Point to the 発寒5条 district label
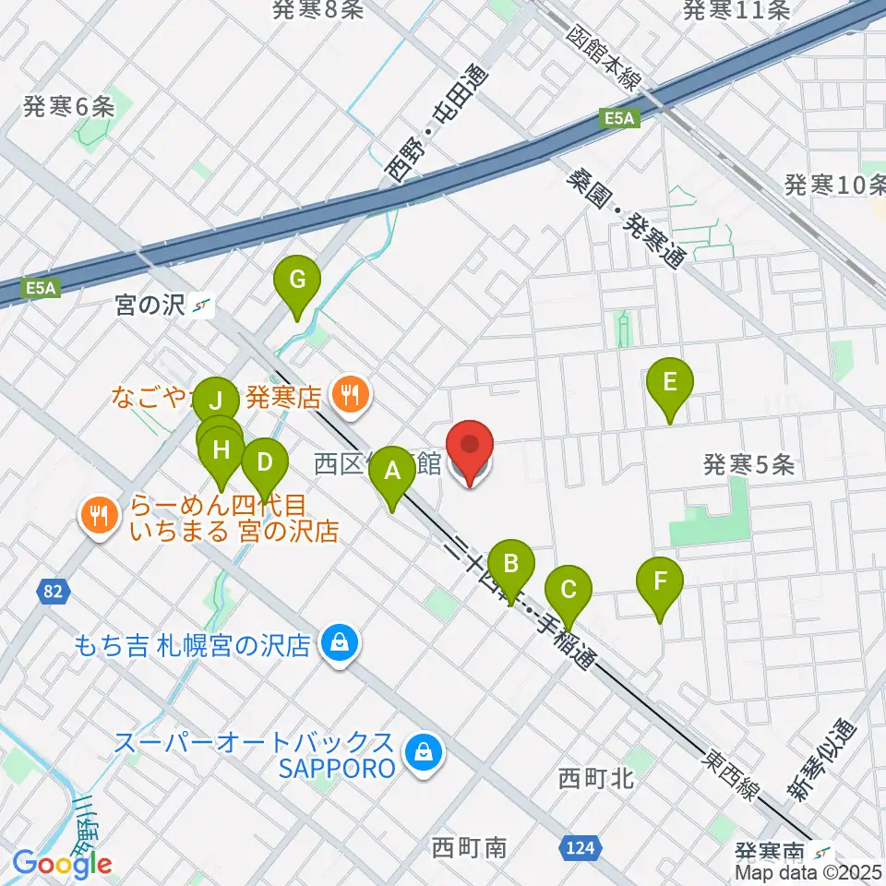[748, 464]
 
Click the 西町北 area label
[595, 779]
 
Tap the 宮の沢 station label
[151, 305]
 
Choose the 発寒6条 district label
[69, 106]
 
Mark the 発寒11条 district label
[736, 10]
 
